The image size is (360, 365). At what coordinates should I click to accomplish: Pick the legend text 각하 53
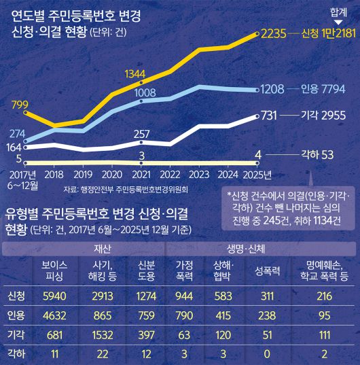point(317,154)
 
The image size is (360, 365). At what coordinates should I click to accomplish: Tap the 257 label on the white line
point(142,133)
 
